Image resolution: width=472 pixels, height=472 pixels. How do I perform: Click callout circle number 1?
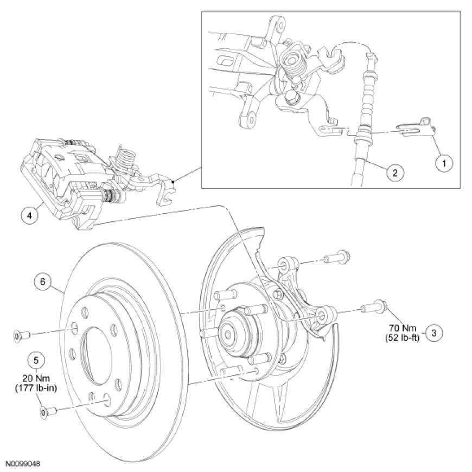pyautogui.click(x=444, y=162)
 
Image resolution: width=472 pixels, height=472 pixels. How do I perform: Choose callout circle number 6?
pyautogui.click(x=43, y=282)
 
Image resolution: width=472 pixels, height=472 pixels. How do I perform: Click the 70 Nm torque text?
pyautogui.click(x=403, y=327)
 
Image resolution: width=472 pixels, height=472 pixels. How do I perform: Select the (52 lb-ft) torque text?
pyautogui.click(x=403, y=337)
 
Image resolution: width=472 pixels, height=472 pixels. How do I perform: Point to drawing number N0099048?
pyautogui.click(x=23, y=464)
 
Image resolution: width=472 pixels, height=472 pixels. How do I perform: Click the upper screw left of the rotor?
pyautogui.click(x=19, y=337)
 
